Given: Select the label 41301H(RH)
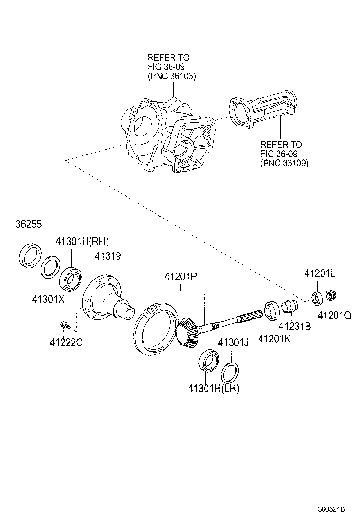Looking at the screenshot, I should (x=82, y=240).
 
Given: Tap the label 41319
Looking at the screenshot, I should (x=108, y=256).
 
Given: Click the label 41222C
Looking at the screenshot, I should (x=66, y=342).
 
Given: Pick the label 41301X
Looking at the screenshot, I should (x=48, y=299).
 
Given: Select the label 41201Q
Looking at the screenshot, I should (x=334, y=315).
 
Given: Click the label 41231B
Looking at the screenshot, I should (x=294, y=326).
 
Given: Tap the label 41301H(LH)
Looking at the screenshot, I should (x=214, y=389).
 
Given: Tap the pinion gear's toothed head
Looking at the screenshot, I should (x=187, y=332).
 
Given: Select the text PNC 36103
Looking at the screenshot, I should (x=171, y=75).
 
